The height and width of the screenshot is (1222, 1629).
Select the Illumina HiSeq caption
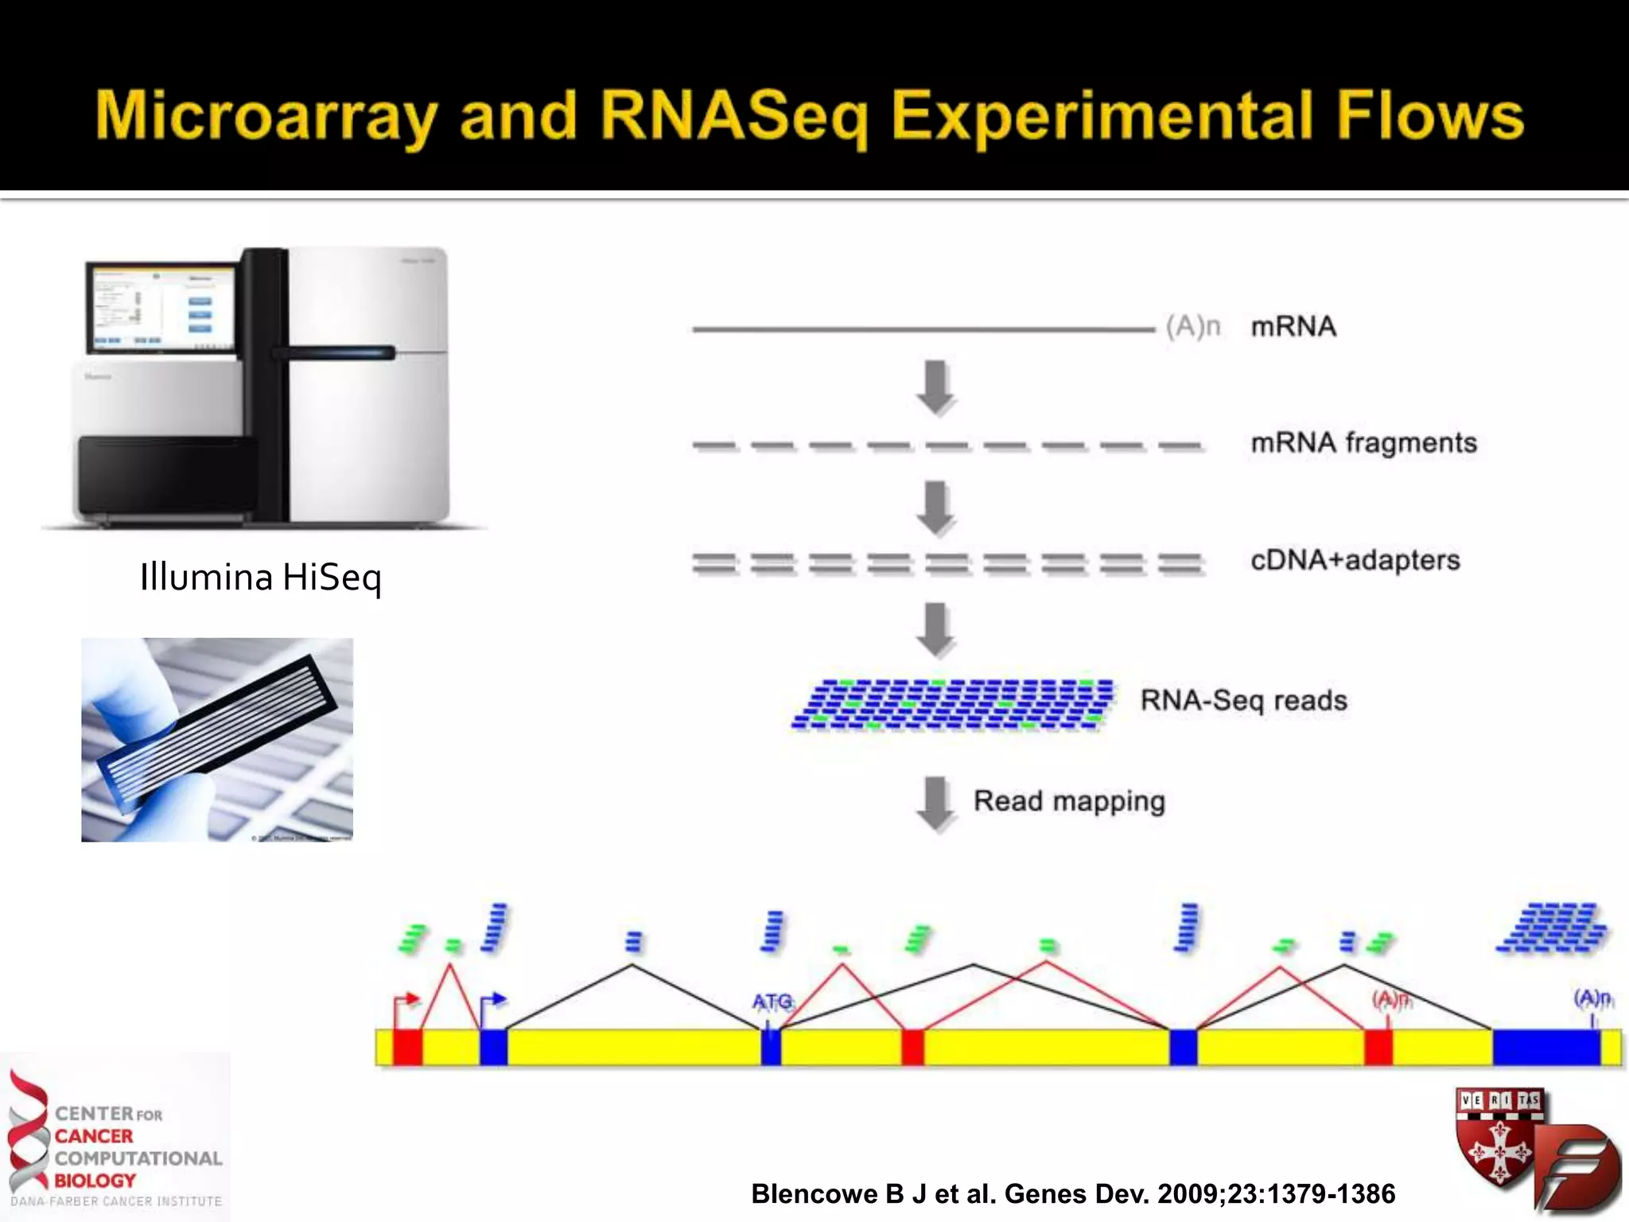pos(260,577)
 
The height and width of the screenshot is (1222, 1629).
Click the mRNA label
pos(1293,327)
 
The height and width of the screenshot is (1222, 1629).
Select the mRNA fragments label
pos(1363,443)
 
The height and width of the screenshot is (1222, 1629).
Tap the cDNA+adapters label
pos(1355,560)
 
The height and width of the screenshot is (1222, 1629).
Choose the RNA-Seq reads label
pos(1243,700)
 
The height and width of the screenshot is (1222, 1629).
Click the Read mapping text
pos(1069,801)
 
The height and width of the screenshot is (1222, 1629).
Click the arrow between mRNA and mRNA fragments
pos(936,387)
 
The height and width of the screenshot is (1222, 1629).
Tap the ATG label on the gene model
pos(772,1001)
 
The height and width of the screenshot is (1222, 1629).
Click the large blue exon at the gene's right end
pos(1545,1047)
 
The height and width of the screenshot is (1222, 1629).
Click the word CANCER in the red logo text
pos(94,1136)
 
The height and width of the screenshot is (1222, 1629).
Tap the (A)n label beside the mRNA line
pos(1192,327)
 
